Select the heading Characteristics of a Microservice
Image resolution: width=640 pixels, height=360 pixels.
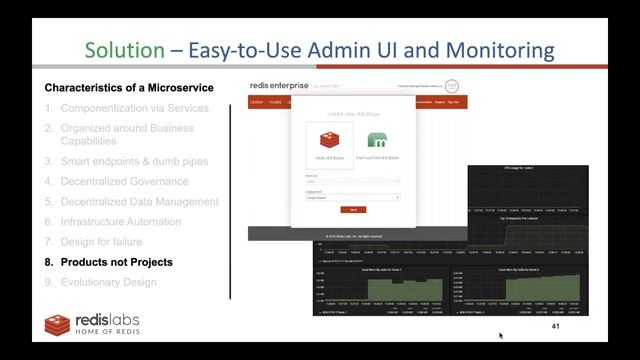[x=128, y=88]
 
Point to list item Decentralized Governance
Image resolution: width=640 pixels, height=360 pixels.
[x=124, y=181]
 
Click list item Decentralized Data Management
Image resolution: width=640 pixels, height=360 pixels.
[x=139, y=201]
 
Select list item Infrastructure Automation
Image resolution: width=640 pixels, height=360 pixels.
[x=121, y=221]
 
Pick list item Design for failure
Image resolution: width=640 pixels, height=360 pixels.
[x=101, y=241]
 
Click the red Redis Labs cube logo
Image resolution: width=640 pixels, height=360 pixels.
[x=57, y=324]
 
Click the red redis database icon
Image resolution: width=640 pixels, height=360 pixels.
[x=330, y=139]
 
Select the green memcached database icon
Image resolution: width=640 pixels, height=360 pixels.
[x=377, y=139]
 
